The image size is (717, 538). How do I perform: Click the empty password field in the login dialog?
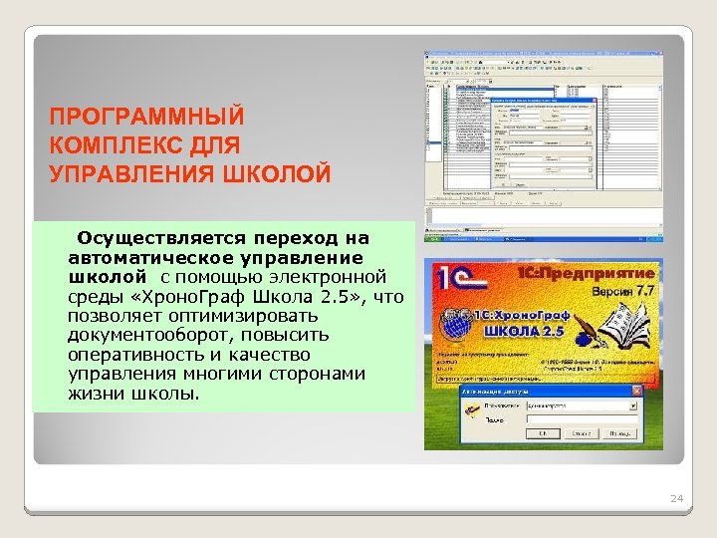578,420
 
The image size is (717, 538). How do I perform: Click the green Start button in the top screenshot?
436,238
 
